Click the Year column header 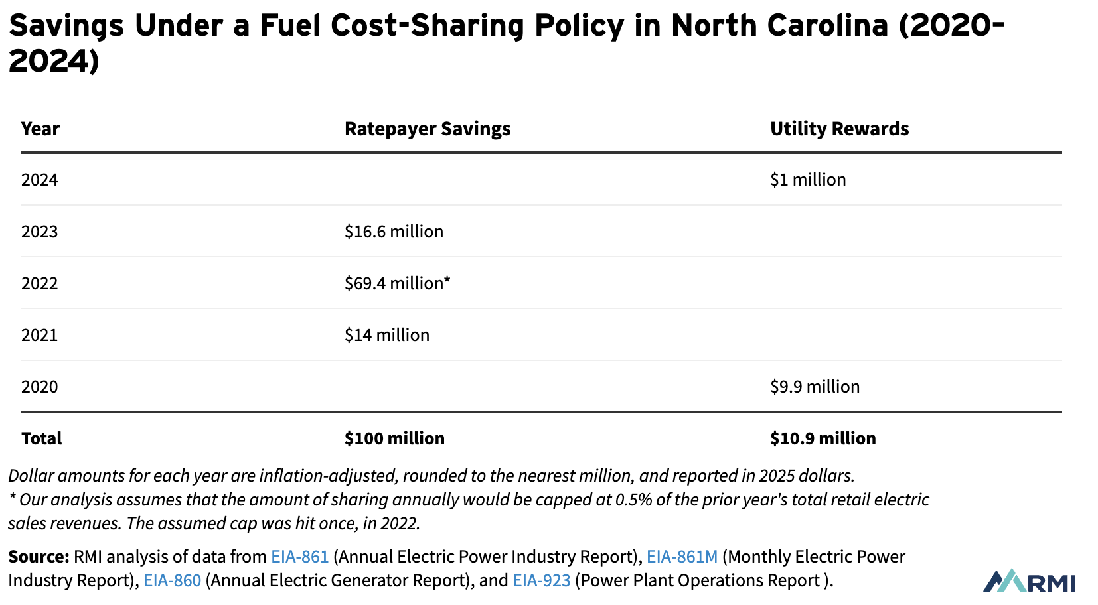40,129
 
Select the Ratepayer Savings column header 428,129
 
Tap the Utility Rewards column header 839,129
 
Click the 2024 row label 40,180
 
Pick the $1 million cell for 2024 808,180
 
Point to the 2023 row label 40,232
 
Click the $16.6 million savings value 394,232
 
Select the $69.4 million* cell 397,283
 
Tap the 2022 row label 40,283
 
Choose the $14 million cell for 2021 387,335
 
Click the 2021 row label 40,335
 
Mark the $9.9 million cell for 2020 815,387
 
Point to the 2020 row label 40,387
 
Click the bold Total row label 41,438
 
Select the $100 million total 394,438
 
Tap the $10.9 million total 823,438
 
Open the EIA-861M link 682,557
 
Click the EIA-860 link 172,580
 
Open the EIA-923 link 541,580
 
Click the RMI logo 1029,581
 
